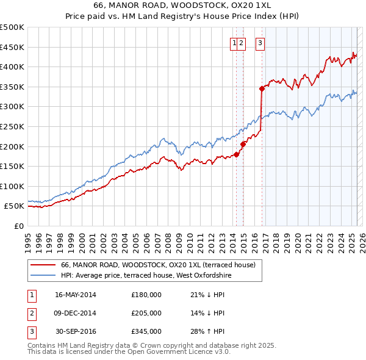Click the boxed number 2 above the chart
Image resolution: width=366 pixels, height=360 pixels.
[242, 43]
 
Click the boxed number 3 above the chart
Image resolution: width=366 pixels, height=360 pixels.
[260, 43]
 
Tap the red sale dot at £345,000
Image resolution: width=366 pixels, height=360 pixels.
[262, 88]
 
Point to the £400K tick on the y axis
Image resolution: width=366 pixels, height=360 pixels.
[13, 67]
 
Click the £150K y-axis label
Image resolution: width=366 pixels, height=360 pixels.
[13, 166]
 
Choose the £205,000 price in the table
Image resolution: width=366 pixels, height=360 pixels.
[146, 313]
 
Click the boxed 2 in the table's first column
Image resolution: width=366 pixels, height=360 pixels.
[31, 313]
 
